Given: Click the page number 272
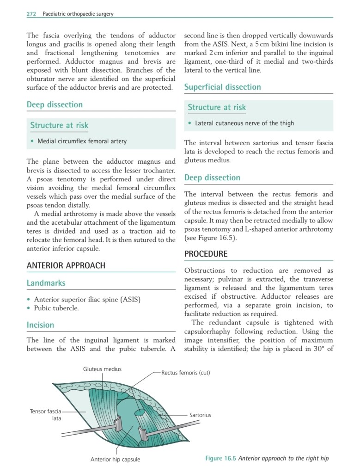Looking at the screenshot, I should click(x=31, y=14).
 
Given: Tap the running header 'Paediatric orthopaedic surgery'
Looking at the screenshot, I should click(x=78, y=14).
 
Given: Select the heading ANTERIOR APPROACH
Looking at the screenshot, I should click(x=66, y=265).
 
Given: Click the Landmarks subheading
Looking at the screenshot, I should click(x=46, y=283).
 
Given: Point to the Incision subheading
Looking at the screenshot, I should click(x=40, y=325).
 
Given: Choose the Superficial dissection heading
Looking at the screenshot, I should click(x=222, y=87).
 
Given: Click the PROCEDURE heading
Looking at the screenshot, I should click(x=206, y=254).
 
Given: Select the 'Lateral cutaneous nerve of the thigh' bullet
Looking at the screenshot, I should click(x=244, y=123).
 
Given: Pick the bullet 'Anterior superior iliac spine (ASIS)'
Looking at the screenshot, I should click(x=87, y=299).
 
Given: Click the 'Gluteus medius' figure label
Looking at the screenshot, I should click(x=103, y=369).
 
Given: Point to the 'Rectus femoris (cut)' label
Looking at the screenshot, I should click(x=185, y=373).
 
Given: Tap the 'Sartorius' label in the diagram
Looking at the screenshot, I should click(x=200, y=415).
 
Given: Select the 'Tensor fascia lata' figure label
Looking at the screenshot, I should click(x=45, y=415).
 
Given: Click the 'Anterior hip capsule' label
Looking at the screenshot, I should click(x=115, y=459).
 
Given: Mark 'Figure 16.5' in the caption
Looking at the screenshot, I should click(x=221, y=459).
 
